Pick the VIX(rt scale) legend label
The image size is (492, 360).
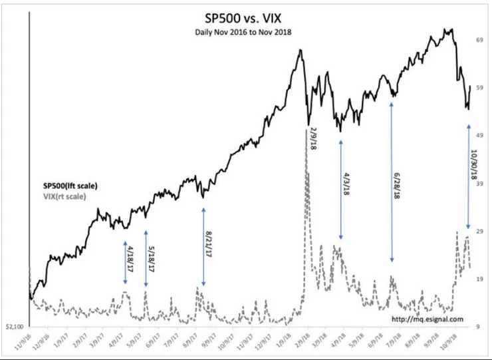click(59, 196)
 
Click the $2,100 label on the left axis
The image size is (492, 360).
click(15, 327)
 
